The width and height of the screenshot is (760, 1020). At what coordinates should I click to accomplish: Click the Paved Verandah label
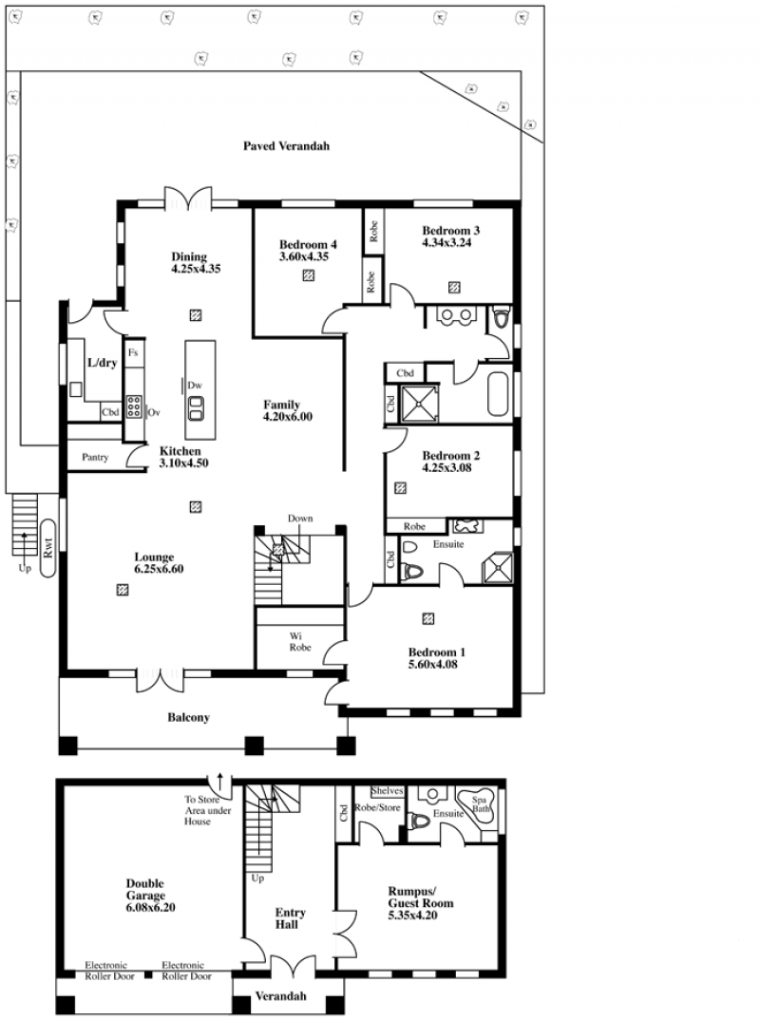tap(286, 146)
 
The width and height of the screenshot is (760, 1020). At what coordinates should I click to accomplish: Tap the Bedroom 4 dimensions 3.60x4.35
tap(304, 256)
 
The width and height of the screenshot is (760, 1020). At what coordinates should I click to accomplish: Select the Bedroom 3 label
tap(451, 230)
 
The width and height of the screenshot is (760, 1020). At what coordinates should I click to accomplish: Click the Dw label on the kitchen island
tap(195, 385)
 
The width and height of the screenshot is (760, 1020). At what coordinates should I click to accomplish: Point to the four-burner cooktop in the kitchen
tap(135, 406)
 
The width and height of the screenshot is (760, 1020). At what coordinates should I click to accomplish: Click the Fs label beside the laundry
tap(133, 352)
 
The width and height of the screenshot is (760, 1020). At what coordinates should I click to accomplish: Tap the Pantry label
tap(95, 458)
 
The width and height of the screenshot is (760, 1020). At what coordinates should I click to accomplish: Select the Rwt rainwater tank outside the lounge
tap(47, 548)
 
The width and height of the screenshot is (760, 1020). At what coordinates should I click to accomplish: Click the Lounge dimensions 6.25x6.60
tap(159, 569)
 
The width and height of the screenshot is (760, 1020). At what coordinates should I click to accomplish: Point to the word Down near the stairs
tap(300, 519)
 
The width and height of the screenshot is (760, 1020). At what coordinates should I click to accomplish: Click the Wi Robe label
tap(300, 641)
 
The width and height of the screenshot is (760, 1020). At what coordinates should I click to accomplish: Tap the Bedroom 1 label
tap(437, 652)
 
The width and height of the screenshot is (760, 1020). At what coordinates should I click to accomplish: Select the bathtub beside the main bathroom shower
tap(499, 395)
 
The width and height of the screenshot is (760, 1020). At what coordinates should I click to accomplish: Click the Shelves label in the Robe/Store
tap(388, 791)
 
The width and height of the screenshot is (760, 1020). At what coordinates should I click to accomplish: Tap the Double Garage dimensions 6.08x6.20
tap(150, 908)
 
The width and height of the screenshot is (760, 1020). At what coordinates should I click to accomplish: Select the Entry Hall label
tap(290, 918)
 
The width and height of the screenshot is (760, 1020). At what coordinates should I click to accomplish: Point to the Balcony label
tap(189, 717)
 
